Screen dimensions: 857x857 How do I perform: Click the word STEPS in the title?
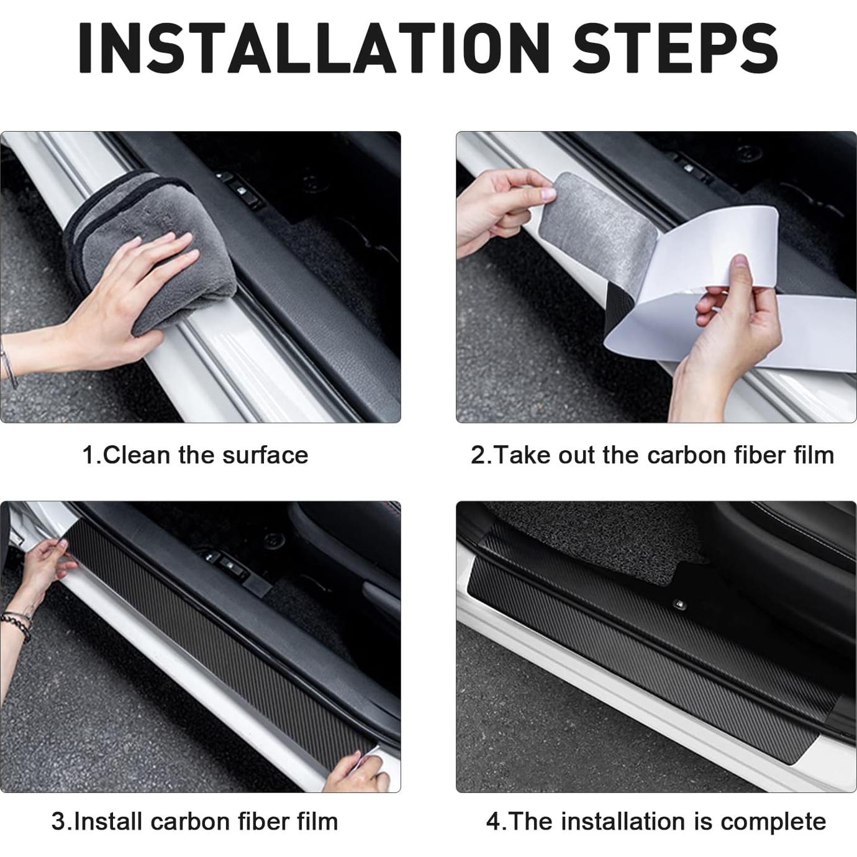pos(675,48)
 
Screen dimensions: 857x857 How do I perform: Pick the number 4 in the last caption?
pos(493,822)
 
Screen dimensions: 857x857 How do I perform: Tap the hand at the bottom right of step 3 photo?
pos(357,773)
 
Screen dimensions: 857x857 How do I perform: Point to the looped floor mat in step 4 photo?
pos(596,546)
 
